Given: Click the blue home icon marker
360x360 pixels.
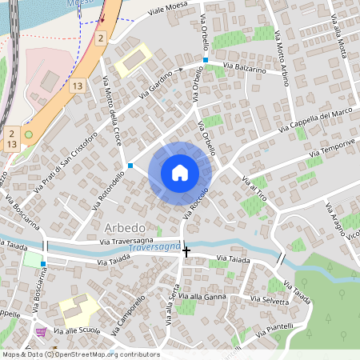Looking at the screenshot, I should [180, 172].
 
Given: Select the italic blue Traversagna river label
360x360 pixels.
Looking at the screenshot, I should [153, 249].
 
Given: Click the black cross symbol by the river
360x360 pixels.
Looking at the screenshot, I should [186, 251].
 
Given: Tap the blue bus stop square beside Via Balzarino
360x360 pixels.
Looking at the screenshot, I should [206, 61].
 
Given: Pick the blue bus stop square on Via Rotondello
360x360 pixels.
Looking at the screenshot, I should [130, 166].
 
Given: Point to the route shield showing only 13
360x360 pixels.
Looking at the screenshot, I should [77, 86].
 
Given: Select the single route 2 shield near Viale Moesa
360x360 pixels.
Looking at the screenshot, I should [100, 38].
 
